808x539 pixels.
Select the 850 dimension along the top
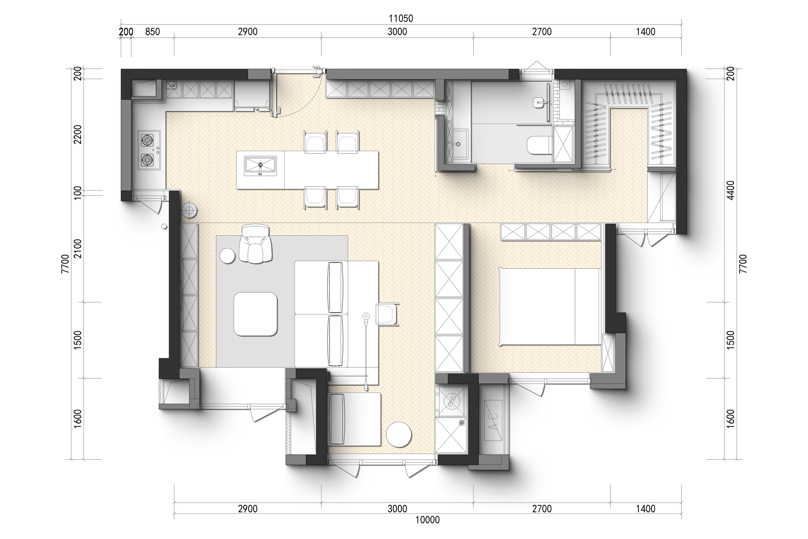153,32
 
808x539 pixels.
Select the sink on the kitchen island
260,166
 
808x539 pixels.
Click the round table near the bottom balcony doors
398,435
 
